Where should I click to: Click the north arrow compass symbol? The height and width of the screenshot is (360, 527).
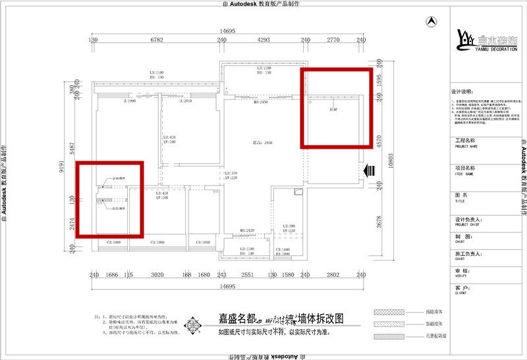pyautogui.click(x=431, y=21)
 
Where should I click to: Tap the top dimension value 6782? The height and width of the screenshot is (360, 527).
pyautogui.click(x=156, y=40)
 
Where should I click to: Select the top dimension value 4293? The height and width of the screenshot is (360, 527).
pyautogui.click(x=263, y=40)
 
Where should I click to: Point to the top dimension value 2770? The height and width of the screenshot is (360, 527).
pyautogui.click(x=333, y=40)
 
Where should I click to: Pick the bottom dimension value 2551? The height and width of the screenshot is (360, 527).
pyautogui.click(x=247, y=275)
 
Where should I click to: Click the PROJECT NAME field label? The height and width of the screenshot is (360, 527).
pyautogui.click(x=466, y=147)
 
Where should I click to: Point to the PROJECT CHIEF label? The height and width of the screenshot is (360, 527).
pyautogui.click(x=466, y=223)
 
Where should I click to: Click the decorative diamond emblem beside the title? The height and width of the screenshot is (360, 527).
pyautogui.click(x=192, y=324)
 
